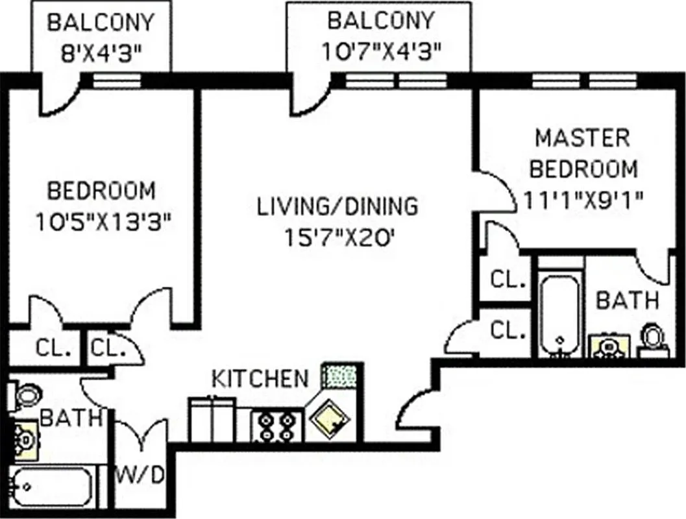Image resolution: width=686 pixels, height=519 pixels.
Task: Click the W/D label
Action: [140, 475]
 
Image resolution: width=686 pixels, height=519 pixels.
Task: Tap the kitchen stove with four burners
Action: [276, 425]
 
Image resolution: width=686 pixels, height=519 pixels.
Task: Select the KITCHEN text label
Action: [260, 378]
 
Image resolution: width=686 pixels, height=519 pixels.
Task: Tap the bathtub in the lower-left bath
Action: [51, 487]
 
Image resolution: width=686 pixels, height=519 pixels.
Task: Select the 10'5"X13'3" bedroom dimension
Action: [102, 223]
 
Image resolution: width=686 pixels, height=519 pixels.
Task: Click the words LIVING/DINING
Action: [338, 206]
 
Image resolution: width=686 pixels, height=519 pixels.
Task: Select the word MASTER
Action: [582, 138]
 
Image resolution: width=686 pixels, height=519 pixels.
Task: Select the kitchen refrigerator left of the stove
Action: [213, 420]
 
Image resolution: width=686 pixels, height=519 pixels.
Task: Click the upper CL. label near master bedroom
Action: [508, 280]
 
